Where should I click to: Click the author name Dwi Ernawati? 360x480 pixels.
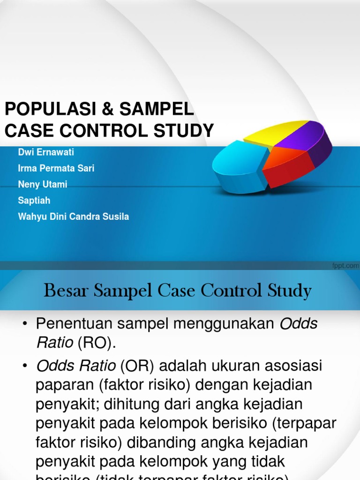click(46, 152)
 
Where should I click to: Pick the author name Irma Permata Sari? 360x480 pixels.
click(56, 168)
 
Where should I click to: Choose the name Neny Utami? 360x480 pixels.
click(42, 184)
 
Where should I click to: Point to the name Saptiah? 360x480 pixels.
click(34, 200)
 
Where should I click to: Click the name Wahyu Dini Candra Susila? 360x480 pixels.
click(73, 217)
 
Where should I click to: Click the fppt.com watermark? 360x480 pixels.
click(345, 266)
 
